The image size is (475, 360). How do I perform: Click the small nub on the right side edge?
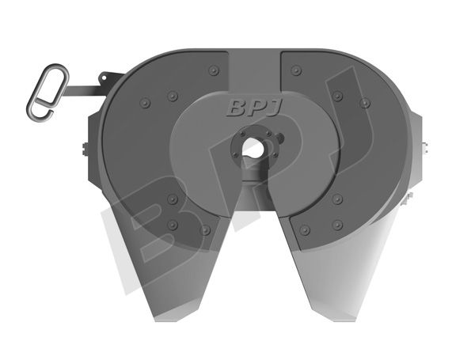(426, 146)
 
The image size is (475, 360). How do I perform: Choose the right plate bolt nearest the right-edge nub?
(364, 103)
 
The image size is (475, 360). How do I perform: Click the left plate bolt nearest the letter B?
(212, 70)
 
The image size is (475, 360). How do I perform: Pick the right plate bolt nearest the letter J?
(295, 70)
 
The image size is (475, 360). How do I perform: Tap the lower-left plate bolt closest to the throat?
(206, 229)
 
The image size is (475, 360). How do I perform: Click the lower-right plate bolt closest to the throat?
(303, 229)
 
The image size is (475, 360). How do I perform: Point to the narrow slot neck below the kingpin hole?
(252, 168)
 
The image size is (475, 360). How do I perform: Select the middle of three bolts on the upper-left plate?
(172, 96)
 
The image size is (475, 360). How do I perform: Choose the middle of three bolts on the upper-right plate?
(337, 96)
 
